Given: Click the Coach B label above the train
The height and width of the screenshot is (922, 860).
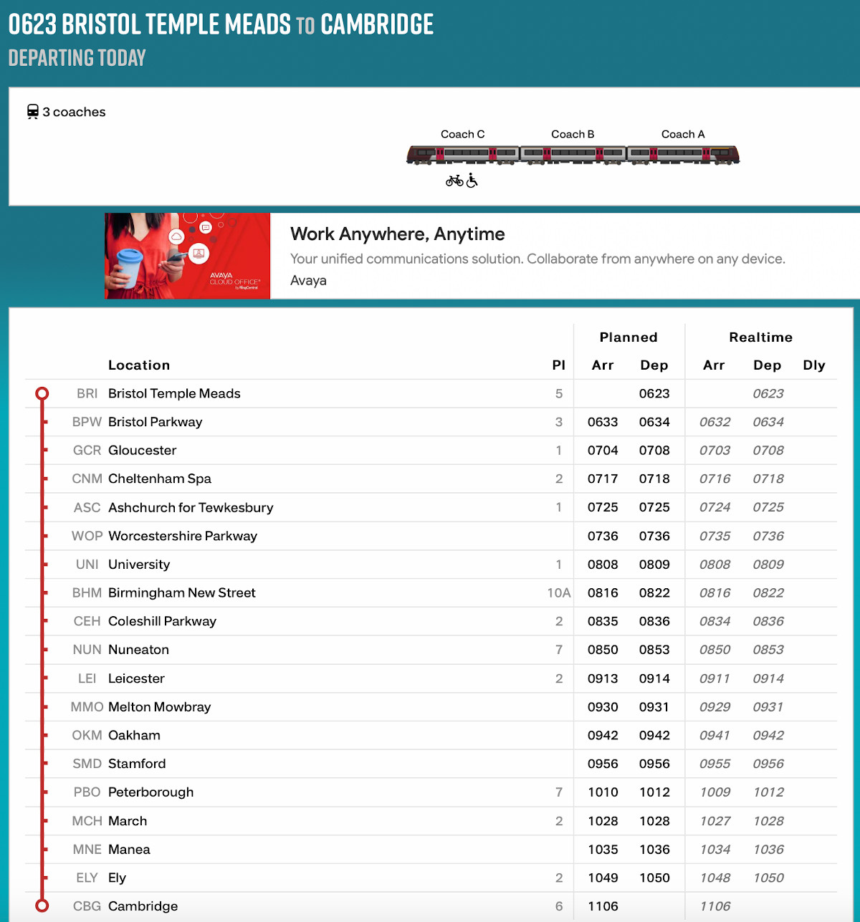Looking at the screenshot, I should coord(573,134).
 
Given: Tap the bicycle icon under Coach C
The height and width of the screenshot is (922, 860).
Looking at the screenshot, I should coord(454,181).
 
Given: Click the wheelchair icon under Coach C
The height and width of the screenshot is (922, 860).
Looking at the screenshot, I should coord(472,181).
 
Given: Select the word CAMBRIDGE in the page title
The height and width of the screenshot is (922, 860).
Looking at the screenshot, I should coord(377,24).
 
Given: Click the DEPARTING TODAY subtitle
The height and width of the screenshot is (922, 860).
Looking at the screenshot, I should coord(77,57).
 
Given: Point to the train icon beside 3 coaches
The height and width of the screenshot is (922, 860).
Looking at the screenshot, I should coord(33,112).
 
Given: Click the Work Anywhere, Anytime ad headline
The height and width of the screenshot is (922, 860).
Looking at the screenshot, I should coord(397,234).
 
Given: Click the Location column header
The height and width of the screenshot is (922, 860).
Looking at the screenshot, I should coord(139,365).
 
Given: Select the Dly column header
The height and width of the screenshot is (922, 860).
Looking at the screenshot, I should coord(814,365).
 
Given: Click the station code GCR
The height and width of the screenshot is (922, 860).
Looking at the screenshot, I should coord(87,451).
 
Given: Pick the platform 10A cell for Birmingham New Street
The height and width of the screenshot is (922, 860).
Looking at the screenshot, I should coord(558,593).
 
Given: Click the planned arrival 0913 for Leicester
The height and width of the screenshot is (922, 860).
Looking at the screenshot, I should coord(603,678).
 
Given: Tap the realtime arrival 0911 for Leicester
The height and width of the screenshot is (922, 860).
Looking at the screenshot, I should coord(715,678).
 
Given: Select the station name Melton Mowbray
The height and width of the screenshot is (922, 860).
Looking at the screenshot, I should coord(159,707).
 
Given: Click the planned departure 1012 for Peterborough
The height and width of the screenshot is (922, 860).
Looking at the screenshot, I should coord(654,792).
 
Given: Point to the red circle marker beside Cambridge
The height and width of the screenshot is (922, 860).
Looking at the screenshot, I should coord(42,906).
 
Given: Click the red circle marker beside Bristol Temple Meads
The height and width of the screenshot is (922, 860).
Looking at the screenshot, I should coord(42,393).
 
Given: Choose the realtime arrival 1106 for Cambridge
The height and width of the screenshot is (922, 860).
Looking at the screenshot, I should coord(715,906).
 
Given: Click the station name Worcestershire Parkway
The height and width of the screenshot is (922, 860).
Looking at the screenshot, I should coord(182,536).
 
